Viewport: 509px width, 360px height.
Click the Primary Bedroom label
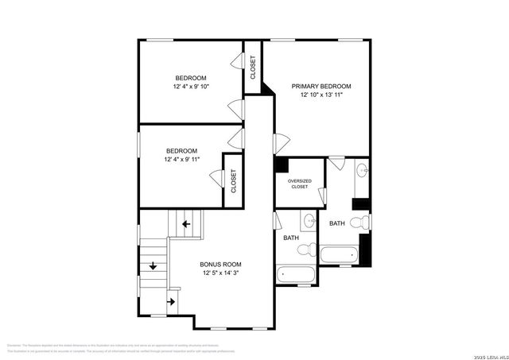(x=321, y=86)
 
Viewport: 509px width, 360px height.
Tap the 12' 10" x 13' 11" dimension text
(x=321, y=95)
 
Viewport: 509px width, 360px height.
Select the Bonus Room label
(x=220, y=264)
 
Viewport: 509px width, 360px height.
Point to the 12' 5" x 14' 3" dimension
(x=220, y=273)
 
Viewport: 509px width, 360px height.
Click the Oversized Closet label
(x=299, y=184)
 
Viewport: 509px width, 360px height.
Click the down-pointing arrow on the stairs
(x=152, y=266)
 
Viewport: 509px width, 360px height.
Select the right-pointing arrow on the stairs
(x=170, y=301)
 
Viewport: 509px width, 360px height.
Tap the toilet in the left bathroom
(x=303, y=250)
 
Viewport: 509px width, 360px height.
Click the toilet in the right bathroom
(x=363, y=222)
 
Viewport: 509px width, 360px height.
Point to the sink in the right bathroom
(x=362, y=168)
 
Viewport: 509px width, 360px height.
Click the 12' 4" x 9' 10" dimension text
(x=191, y=87)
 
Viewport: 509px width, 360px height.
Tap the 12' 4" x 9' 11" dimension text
(x=181, y=160)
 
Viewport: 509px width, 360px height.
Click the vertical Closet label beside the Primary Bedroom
(x=253, y=68)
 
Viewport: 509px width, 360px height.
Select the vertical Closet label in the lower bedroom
(x=234, y=181)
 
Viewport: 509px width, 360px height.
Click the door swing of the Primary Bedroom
(x=279, y=143)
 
